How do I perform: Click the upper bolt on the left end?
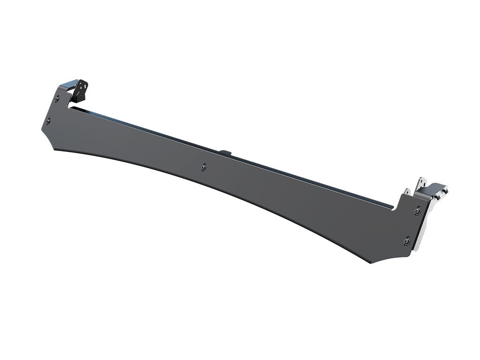click(57, 99)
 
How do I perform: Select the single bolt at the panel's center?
click(203, 167)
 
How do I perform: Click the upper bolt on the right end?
click(417, 211)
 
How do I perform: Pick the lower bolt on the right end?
click(406, 241)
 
